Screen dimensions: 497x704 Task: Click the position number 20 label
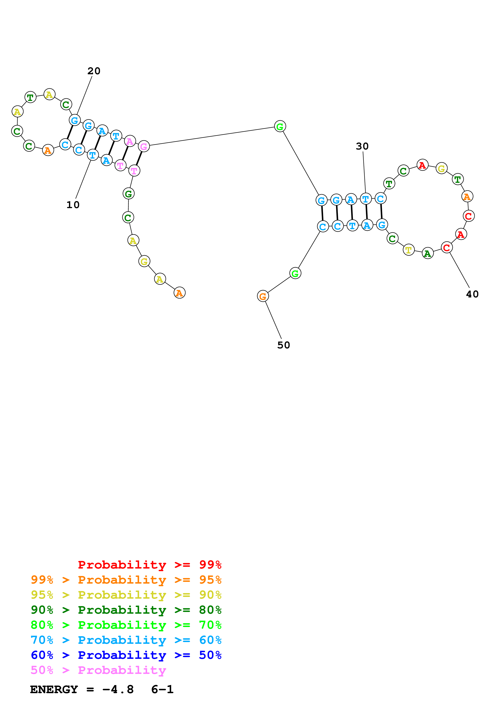(94, 71)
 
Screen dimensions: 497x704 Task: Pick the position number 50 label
(283, 345)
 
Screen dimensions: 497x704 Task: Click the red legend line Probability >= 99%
(149, 565)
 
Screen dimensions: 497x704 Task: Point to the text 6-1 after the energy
(162, 690)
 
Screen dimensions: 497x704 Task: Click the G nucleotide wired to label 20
(75, 120)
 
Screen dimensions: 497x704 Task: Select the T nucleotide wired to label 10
(92, 155)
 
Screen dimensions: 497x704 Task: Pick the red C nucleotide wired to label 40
(446, 247)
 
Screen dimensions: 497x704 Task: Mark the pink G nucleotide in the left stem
(144, 146)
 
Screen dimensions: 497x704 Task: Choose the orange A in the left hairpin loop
(48, 150)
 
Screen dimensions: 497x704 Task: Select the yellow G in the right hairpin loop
(441, 168)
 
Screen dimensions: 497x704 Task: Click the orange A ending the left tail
(179, 293)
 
